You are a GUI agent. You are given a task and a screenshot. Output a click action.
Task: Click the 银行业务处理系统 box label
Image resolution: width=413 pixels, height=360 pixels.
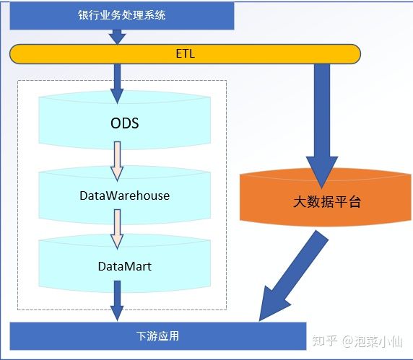coord(122,15)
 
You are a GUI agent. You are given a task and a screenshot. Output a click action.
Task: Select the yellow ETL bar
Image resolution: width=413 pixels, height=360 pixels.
coord(185,54)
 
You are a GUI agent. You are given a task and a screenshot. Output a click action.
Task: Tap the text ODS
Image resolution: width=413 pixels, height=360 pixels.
coord(125,123)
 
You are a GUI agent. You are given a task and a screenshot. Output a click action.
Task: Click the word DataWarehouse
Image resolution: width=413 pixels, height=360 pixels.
coord(125,196)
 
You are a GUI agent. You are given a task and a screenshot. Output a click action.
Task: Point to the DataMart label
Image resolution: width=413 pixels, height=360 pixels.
coord(125,266)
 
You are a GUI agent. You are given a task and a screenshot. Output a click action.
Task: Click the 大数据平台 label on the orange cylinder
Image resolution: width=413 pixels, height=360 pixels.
coord(327,202)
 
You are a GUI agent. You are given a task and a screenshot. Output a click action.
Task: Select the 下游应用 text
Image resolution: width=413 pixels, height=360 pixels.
coord(158,336)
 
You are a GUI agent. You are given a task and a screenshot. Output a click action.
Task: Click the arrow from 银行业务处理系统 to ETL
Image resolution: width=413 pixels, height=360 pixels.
coord(117,37)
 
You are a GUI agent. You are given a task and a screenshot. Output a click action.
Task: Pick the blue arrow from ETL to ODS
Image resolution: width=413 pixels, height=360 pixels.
coord(117,84)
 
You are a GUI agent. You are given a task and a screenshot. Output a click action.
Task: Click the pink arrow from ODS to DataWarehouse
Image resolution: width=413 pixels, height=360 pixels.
coord(117,162)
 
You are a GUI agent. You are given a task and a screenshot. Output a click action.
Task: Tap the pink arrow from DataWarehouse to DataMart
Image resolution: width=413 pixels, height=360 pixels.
coord(117,229)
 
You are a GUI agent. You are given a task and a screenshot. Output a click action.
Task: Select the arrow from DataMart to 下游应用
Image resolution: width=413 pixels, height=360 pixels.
coord(117,301)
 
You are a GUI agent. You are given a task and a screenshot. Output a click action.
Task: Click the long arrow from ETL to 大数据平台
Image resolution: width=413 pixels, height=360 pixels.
coord(321,126)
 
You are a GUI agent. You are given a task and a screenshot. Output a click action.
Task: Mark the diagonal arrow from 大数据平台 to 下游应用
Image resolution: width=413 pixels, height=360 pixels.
coord(294,276)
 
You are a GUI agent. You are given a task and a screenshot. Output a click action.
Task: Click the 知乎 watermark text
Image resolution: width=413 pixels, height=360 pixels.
coord(325,341)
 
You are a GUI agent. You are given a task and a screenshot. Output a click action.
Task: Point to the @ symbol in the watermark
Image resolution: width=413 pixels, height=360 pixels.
coord(347,341)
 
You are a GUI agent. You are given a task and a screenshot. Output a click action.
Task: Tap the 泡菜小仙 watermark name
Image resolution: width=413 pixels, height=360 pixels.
coord(378,341)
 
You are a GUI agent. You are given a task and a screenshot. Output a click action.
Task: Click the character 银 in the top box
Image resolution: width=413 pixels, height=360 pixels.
coord(84,15)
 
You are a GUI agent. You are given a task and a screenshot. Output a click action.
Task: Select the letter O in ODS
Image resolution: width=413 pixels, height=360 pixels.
coord(116,123)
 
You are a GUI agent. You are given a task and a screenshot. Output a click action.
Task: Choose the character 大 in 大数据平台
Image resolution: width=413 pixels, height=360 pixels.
coord(300,202)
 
